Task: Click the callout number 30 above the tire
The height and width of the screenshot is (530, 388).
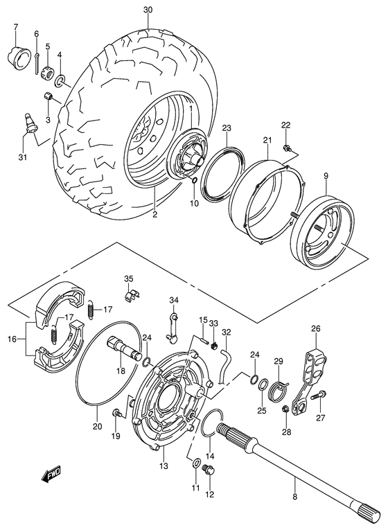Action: (146, 10)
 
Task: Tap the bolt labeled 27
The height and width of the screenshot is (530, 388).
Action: (317, 397)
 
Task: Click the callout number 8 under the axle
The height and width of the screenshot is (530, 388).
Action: (295, 496)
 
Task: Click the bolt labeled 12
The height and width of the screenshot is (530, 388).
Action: (208, 472)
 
